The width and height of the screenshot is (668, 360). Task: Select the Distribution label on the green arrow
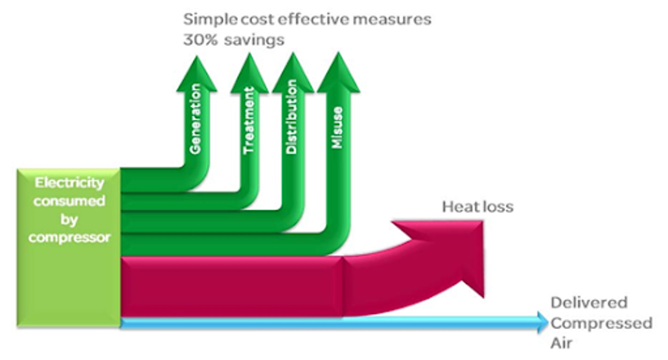click(292, 124)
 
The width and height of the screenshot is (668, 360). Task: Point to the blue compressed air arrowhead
click(541, 322)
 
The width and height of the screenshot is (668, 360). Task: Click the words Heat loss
click(477, 207)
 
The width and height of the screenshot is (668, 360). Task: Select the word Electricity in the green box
click(68, 185)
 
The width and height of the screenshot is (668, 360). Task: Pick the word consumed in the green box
click(68, 202)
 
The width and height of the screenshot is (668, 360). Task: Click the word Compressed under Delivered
click(602, 323)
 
